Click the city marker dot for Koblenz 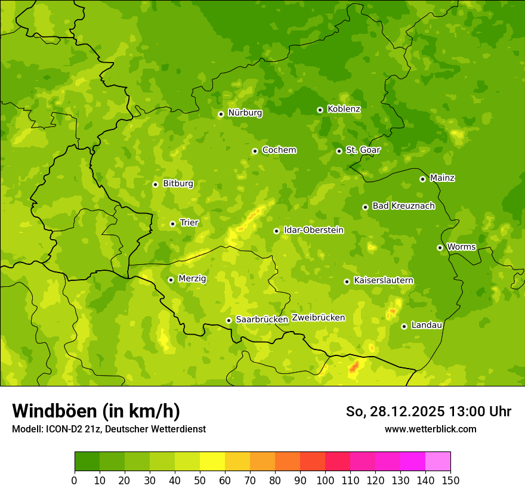coord(320,110)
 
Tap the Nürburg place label coord(245,112)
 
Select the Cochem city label coord(279,150)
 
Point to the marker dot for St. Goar coord(339,151)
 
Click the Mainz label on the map coord(442,178)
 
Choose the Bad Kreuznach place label coord(403,206)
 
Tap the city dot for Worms coord(440,247)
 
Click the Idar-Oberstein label coord(313,230)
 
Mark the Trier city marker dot coord(173,224)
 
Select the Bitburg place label coord(178,183)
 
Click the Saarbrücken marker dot coord(228,320)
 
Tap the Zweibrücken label coord(318,317)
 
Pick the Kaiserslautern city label coord(383,280)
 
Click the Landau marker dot coord(404,326)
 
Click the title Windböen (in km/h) coord(95,411)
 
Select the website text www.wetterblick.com coord(430,429)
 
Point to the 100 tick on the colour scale coord(325,480)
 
